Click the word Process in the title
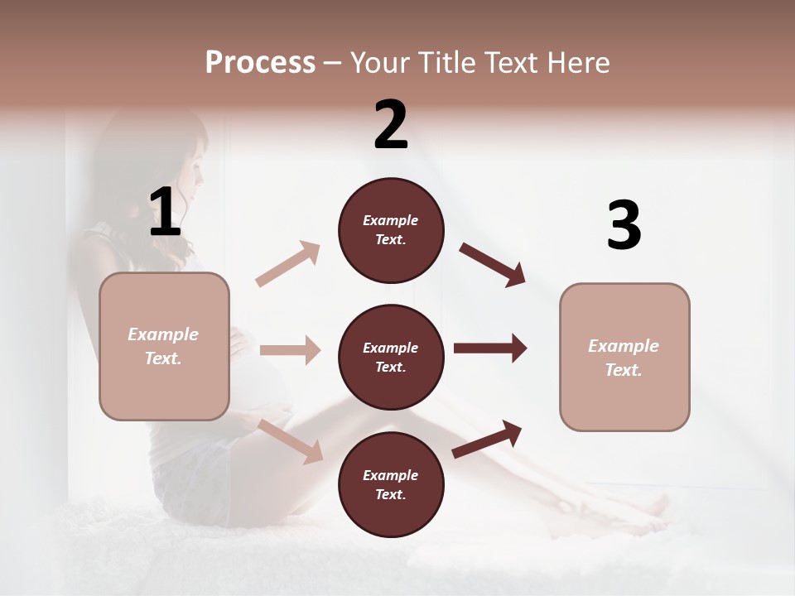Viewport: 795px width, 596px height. pyautogui.click(x=260, y=62)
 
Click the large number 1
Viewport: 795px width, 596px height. pyautogui.click(x=165, y=213)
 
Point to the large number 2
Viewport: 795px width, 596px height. pyautogui.click(x=391, y=125)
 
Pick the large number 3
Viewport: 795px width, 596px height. pyautogui.click(x=624, y=225)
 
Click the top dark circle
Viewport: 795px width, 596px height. pyautogui.click(x=391, y=230)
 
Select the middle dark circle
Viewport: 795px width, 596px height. pyautogui.click(x=391, y=358)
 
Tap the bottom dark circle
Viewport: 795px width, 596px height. pyautogui.click(x=391, y=485)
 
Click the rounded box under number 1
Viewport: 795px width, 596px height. pyautogui.click(x=164, y=346)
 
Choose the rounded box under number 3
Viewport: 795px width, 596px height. pyautogui.click(x=624, y=358)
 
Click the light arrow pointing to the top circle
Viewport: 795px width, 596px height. pyautogui.click(x=288, y=264)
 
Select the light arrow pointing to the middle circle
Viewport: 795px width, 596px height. pyautogui.click(x=290, y=350)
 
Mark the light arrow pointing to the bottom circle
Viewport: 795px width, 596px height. pyautogui.click(x=291, y=440)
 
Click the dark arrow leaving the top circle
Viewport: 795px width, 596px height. pyautogui.click(x=492, y=264)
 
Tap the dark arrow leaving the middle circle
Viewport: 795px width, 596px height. pyautogui.click(x=489, y=348)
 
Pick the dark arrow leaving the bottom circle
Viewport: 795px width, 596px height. pyautogui.click(x=487, y=439)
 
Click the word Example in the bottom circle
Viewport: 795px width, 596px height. pyautogui.click(x=391, y=475)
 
